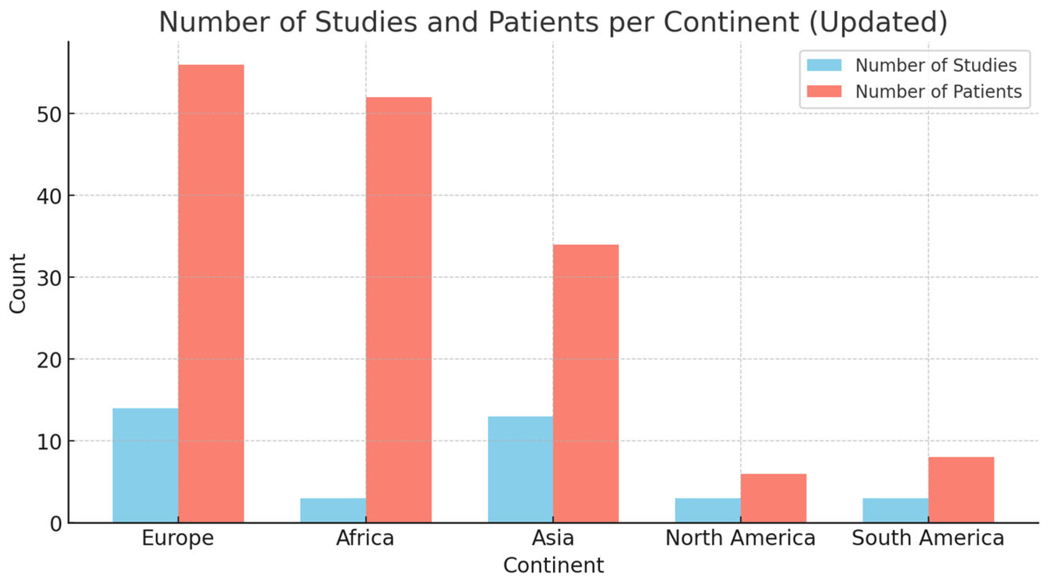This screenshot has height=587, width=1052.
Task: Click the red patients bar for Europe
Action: click(x=211, y=293)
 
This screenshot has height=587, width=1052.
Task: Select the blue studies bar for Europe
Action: click(x=145, y=465)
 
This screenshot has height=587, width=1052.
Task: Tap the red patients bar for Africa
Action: click(x=399, y=310)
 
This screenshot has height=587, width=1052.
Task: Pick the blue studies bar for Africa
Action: click(x=333, y=510)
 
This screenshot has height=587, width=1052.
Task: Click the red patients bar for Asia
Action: click(x=586, y=383)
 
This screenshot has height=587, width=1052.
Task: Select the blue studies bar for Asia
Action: click(x=520, y=469)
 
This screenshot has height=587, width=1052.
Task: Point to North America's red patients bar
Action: click(x=773, y=498)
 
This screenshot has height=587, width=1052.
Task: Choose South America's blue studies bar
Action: click(x=895, y=510)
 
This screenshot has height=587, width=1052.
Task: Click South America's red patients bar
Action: click(x=961, y=490)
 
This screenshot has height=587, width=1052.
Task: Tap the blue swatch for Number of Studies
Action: click(x=824, y=65)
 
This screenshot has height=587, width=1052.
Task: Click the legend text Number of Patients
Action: click(x=938, y=92)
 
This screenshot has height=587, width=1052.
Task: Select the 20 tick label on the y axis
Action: click(x=49, y=360)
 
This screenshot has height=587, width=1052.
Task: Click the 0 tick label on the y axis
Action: click(x=56, y=524)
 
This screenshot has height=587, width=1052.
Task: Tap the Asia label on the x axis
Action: click(x=553, y=538)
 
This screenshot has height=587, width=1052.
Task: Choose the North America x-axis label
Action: click(x=740, y=538)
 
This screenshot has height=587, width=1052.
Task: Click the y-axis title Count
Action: click(x=17, y=283)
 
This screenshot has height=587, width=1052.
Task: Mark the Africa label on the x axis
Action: click(x=365, y=538)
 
